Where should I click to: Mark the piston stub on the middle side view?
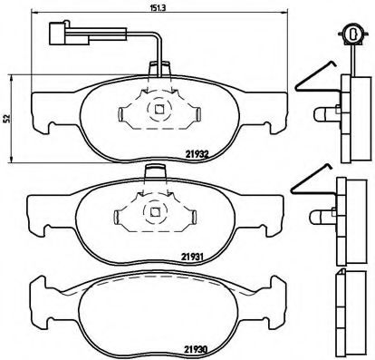[323, 215]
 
